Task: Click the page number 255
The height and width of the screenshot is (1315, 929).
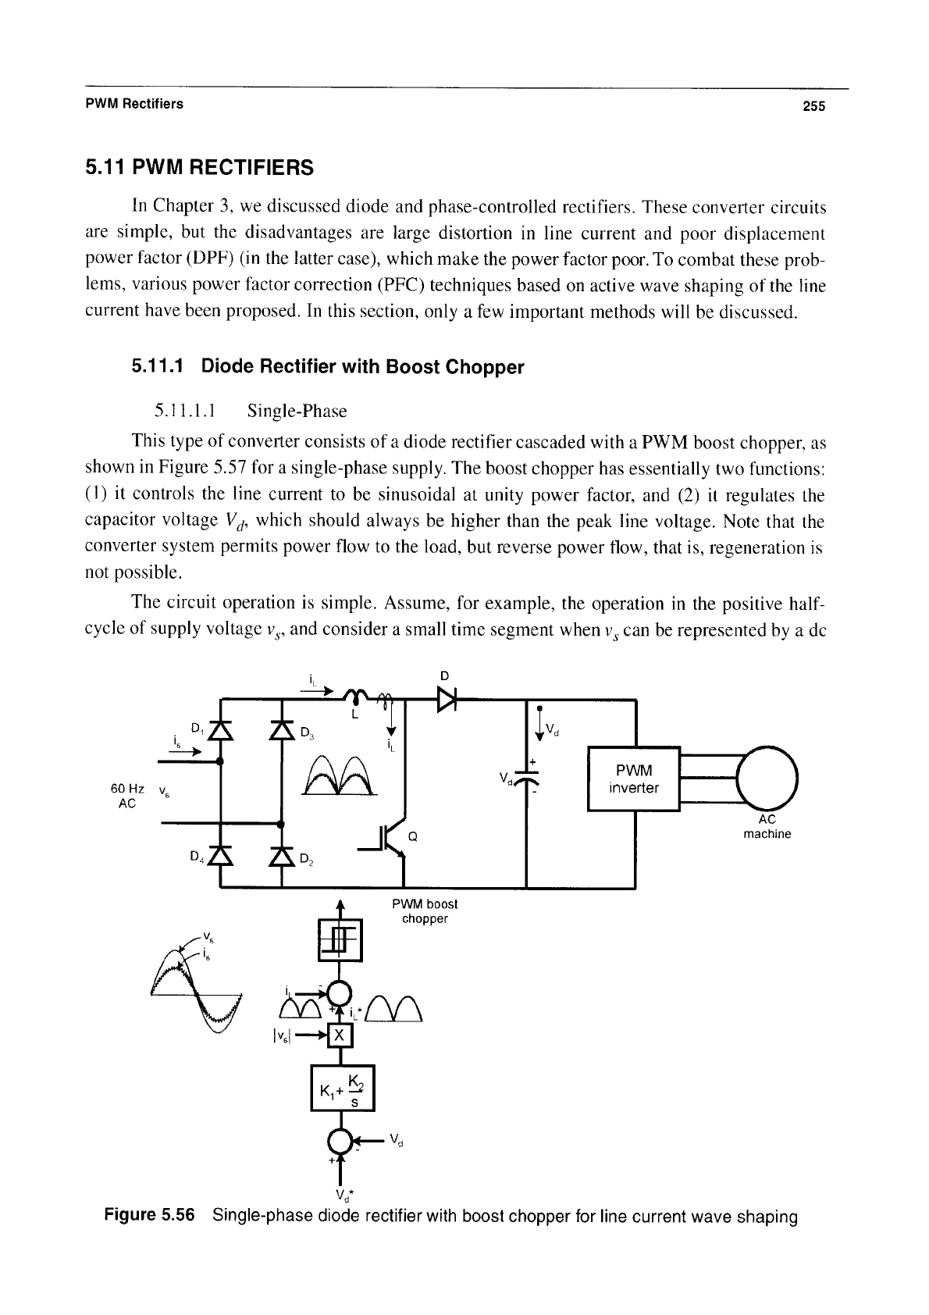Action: click(813, 105)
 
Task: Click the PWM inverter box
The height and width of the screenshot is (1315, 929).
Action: click(633, 779)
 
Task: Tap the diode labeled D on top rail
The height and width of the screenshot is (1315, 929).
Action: click(447, 699)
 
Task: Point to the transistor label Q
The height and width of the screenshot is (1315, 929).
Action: click(412, 837)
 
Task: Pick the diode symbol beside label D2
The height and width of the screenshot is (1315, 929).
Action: click(282, 857)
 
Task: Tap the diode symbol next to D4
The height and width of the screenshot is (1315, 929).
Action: click(221, 857)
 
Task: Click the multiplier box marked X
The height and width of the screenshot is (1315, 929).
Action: click(340, 1035)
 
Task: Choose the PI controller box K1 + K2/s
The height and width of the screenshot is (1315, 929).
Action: click(342, 1088)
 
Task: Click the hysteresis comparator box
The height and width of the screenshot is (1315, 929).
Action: click(340, 940)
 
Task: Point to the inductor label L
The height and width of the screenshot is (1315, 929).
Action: click(354, 715)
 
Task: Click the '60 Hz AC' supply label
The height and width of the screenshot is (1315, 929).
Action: click(127, 796)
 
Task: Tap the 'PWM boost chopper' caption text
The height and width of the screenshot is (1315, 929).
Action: click(425, 911)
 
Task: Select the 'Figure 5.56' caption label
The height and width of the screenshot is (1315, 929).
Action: click(149, 1214)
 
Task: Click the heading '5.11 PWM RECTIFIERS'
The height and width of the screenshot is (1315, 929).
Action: click(200, 167)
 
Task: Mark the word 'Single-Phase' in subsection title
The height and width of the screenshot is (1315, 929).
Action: click(297, 411)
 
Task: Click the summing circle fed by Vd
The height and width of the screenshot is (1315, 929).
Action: click(340, 1141)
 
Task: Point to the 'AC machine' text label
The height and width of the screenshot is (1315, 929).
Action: click(767, 827)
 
